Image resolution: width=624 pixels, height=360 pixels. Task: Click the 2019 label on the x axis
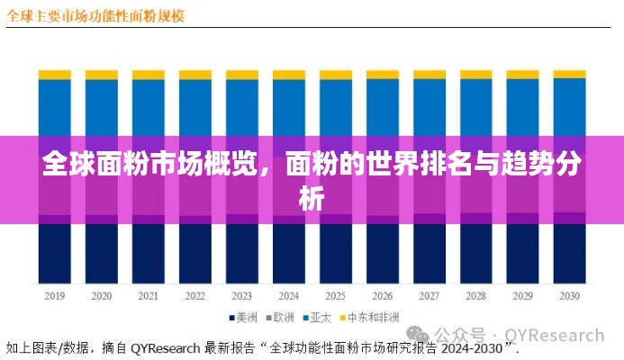coord(54,296)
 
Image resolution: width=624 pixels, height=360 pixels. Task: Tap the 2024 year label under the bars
coord(288,296)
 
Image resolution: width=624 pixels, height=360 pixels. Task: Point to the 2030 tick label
coord(568,296)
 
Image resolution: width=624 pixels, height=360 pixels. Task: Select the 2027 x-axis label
coord(429,296)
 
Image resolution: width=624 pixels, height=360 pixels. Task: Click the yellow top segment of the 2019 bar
coord(54,75)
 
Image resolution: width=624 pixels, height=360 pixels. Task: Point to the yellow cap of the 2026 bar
coord(382,75)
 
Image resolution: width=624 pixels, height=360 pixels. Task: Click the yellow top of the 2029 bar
coord(522,74)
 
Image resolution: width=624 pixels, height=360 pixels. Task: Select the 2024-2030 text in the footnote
coord(473,346)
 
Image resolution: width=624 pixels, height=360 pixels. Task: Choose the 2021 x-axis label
coord(148,296)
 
